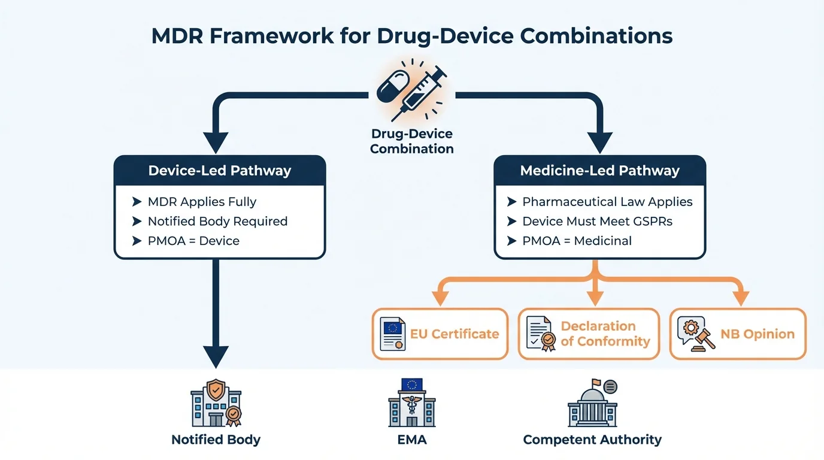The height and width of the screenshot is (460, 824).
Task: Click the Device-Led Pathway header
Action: [x=219, y=171]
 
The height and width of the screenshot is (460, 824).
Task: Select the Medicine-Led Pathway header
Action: [x=599, y=171]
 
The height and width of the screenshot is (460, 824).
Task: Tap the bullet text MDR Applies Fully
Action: [x=202, y=202]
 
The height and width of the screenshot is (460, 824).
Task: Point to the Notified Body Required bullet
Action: [x=217, y=222]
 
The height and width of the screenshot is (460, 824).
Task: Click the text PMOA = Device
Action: [x=193, y=241]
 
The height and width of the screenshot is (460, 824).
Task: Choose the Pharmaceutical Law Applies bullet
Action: [x=607, y=202]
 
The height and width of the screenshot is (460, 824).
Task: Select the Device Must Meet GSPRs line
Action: [x=597, y=222]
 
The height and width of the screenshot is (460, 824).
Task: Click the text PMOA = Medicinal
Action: [x=577, y=241]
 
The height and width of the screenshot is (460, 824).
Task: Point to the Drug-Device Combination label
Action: [x=411, y=141]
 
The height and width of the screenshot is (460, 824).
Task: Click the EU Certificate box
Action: [x=440, y=334]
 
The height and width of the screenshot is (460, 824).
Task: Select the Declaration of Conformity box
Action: [x=589, y=334]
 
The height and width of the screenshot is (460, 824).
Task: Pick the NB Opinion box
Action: [x=738, y=334]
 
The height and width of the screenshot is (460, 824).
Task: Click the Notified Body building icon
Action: [x=216, y=403]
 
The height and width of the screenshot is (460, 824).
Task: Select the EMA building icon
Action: [x=411, y=403]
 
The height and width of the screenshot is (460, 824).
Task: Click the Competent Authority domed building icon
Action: [x=592, y=403]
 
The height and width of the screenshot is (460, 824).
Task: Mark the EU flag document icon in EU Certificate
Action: [x=393, y=334]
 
